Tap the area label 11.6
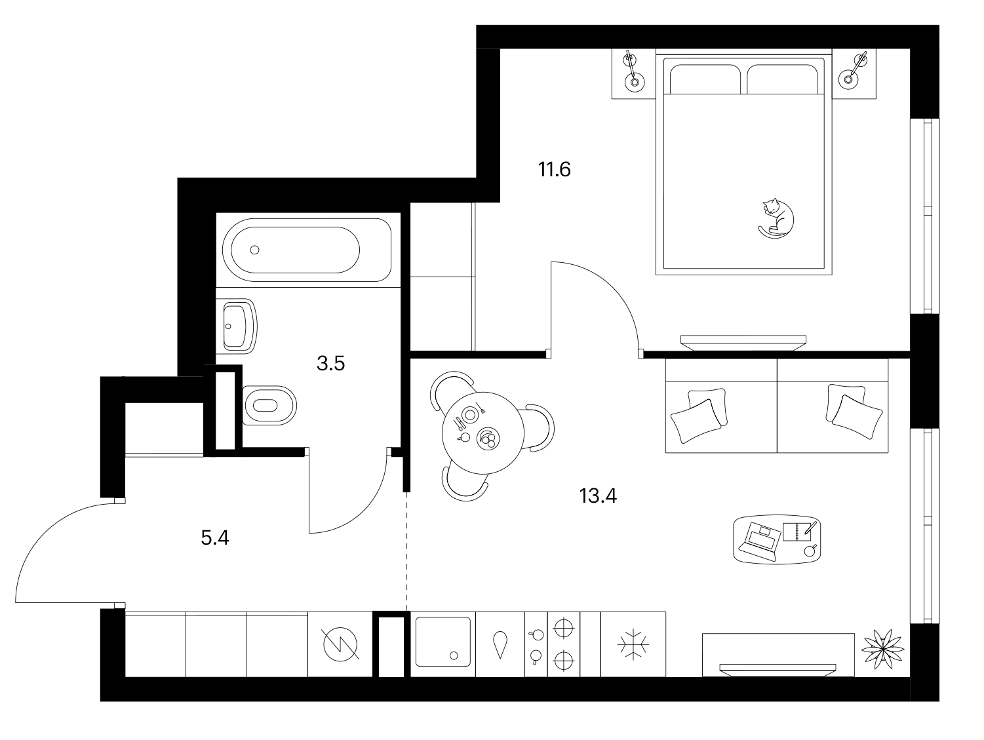click(554, 169)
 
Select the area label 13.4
click(598, 496)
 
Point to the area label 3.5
click(331, 364)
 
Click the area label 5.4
click(215, 538)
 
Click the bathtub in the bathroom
click(307, 250)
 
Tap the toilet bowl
click(269, 405)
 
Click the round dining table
click(482, 433)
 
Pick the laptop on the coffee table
click(758, 541)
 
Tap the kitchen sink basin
click(443, 642)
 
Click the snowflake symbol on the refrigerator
click(633, 644)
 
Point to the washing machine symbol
click(340, 644)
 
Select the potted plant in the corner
click(882, 649)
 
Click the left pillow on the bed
click(705, 79)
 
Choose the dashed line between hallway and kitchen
click(406, 551)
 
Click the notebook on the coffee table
click(797, 531)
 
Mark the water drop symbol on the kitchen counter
click(500, 644)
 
